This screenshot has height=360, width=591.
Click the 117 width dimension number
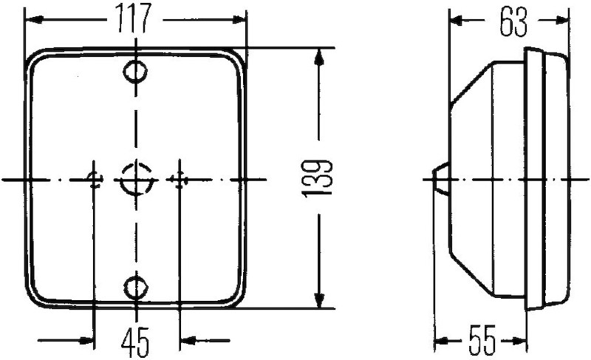pos(134,18)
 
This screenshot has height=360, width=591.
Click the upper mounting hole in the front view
pos(135,72)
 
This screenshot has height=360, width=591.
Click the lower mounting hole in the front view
pos(135,286)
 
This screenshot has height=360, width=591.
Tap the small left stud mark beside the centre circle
pos(94,179)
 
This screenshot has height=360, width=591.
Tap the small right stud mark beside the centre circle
pos(177,179)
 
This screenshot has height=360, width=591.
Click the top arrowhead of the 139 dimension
pos(319,55)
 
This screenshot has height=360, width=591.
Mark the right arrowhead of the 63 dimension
pos(564,21)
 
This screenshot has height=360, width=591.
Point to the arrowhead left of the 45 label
pos(89,340)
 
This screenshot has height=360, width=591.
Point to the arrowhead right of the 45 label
pos(186,340)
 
